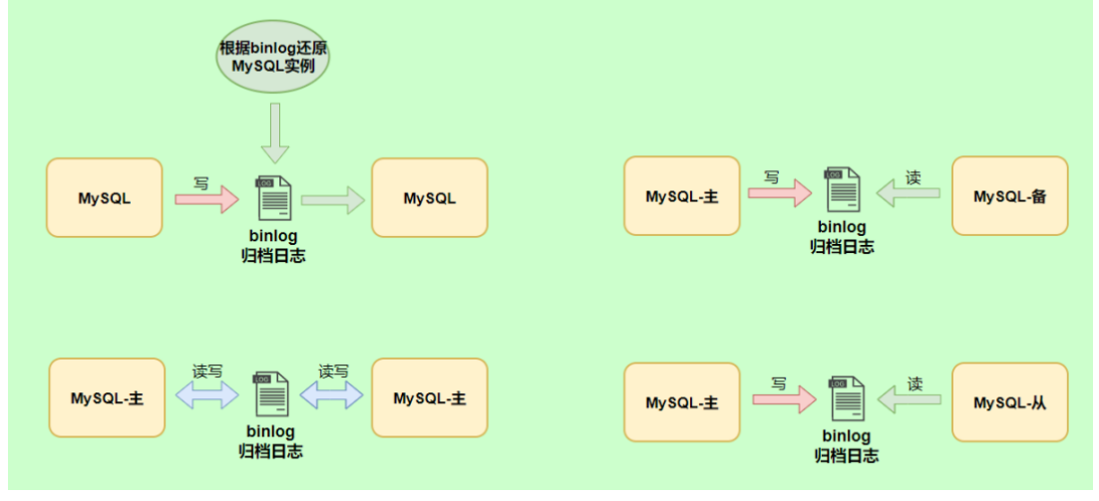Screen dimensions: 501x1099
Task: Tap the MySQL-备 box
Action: [1009, 196]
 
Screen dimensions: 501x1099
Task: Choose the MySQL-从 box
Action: [1009, 402]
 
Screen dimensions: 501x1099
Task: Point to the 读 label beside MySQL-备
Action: [913, 177]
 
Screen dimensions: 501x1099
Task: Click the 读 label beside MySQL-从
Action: [916, 382]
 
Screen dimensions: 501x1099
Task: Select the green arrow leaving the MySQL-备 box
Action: [909, 196]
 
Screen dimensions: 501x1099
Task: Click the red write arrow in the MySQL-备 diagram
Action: [779, 196]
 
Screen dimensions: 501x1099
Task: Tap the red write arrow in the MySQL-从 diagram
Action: [783, 401]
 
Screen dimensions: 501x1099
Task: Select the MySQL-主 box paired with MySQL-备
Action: [682, 196]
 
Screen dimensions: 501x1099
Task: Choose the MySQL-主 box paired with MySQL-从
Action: [682, 402]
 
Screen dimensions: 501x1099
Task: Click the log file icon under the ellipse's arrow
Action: [273, 197]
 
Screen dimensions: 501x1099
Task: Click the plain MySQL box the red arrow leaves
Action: [104, 197]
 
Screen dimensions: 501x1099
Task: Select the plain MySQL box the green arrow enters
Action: [430, 198]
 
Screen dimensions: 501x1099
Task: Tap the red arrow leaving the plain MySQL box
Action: [206, 198]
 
